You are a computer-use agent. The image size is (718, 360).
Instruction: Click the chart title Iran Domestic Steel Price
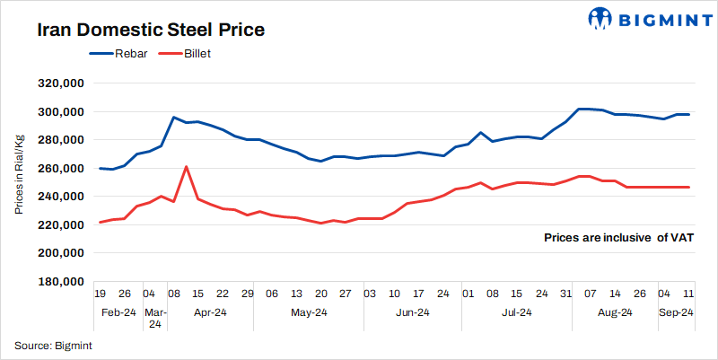(151, 30)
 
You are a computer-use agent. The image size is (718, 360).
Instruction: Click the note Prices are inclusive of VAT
(619, 238)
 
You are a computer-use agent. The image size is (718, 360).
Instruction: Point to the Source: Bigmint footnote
(53, 345)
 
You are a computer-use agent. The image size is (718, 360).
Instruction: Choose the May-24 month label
(309, 312)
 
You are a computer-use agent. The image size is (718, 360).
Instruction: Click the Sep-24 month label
(677, 312)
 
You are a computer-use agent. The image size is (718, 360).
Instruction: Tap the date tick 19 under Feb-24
(101, 294)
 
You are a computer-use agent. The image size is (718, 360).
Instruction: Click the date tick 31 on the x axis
(565, 294)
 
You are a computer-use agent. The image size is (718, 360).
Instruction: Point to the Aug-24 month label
(615, 312)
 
